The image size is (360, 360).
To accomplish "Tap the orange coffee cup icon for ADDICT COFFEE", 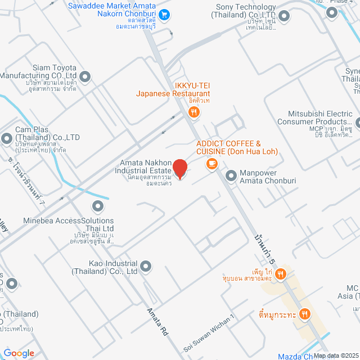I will [x=211, y=164].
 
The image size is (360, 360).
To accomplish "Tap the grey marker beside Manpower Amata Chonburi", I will [x=231, y=176].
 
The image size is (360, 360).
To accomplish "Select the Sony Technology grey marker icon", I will [x=284, y=16].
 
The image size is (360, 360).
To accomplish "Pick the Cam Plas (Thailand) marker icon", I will [x=7, y=138].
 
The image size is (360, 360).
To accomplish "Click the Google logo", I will [x=19, y=353].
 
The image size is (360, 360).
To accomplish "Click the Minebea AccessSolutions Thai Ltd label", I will [x=69, y=225].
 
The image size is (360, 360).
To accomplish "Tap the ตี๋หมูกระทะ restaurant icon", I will [x=305, y=313].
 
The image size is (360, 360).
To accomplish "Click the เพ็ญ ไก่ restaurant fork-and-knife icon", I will [x=281, y=274].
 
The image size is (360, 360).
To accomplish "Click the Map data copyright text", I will [x=335, y=355].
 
